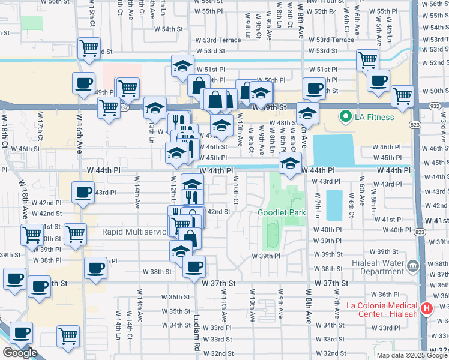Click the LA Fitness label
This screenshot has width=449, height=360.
tap(373, 117)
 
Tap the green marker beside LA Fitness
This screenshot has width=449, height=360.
tap(345, 116)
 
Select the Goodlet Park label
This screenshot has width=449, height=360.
tap(282, 213)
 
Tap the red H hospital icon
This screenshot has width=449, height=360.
tap(426, 308)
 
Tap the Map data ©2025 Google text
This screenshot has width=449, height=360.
tap(412, 355)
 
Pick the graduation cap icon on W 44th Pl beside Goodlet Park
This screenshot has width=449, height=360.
tap(290, 164)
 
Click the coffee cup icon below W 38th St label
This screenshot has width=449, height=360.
tap(194, 267)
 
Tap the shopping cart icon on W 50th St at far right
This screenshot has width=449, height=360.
tap(402, 95)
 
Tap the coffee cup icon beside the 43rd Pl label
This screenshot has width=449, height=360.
tap(83, 193)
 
